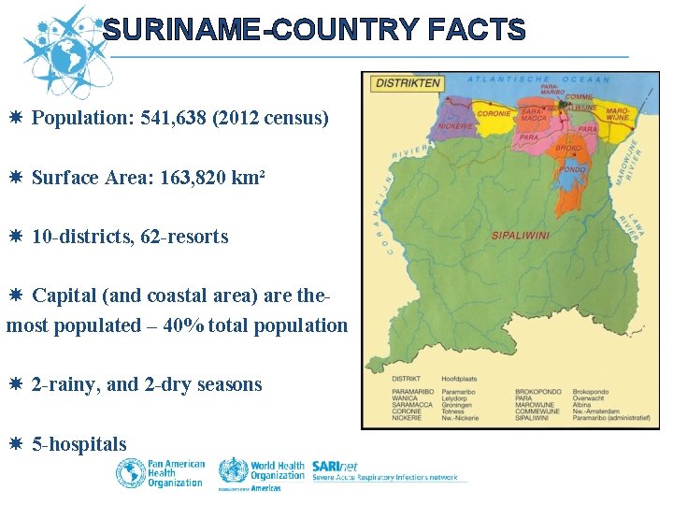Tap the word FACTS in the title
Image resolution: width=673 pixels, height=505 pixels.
click(475, 30)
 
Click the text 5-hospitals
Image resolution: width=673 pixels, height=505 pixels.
click(79, 444)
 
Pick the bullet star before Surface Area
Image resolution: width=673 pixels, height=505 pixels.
click(18, 178)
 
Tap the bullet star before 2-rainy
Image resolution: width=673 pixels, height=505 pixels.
click(18, 384)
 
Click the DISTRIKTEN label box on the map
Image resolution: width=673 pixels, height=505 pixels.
click(407, 83)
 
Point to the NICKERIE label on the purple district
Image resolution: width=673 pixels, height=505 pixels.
click(455, 125)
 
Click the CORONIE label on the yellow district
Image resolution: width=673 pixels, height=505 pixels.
click(494, 114)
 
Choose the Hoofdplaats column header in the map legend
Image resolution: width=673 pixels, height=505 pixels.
click(460, 378)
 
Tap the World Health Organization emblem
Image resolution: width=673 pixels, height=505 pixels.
click(234, 470)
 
